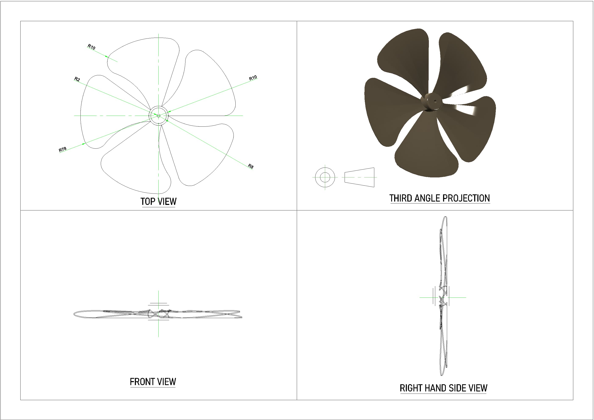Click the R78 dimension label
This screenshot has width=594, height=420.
[x=63, y=150]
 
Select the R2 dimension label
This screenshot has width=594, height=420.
[x=77, y=79]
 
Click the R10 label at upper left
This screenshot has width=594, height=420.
[x=91, y=47]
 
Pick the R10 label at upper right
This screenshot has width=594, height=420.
[x=253, y=78]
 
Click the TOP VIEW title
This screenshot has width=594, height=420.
[x=158, y=202]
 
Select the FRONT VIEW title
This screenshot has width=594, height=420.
[x=153, y=382]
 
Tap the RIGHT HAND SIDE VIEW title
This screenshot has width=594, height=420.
[x=443, y=388]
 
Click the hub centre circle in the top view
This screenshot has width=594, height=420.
[x=158, y=116]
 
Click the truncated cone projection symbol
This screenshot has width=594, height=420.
[x=359, y=177]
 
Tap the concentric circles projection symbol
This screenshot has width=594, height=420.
[x=325, y=177]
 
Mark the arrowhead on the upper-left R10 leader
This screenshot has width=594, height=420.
[x=106, y=56]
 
